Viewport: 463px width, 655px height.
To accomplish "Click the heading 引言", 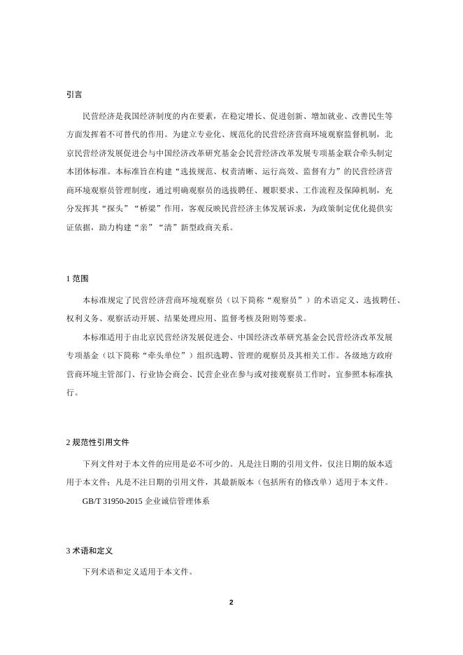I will pyautogui.click(x=73, y=94).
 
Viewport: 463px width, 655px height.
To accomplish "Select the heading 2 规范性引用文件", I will pyautogui.click(x=97, y=443).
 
